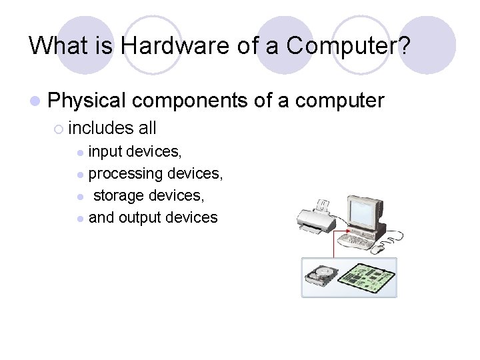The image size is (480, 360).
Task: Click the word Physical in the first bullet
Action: tap(87, 101)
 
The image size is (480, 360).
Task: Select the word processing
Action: tap(125, 174)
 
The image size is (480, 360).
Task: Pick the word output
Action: tap(141, 217)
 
